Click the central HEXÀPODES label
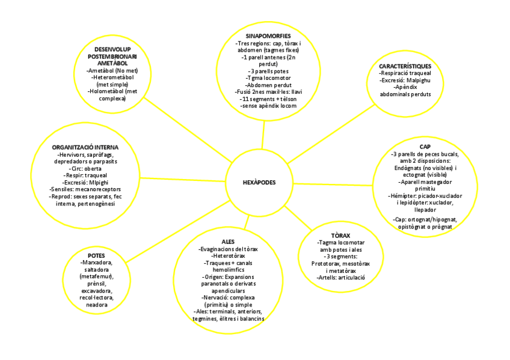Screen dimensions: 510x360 point(255,182)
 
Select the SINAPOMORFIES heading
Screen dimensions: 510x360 point(265,35)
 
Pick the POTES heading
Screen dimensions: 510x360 point(96,255)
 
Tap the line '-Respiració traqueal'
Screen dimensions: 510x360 point(404,72)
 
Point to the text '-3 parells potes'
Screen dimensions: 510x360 point(265,72)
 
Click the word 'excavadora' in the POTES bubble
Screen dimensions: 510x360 point(96,290)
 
